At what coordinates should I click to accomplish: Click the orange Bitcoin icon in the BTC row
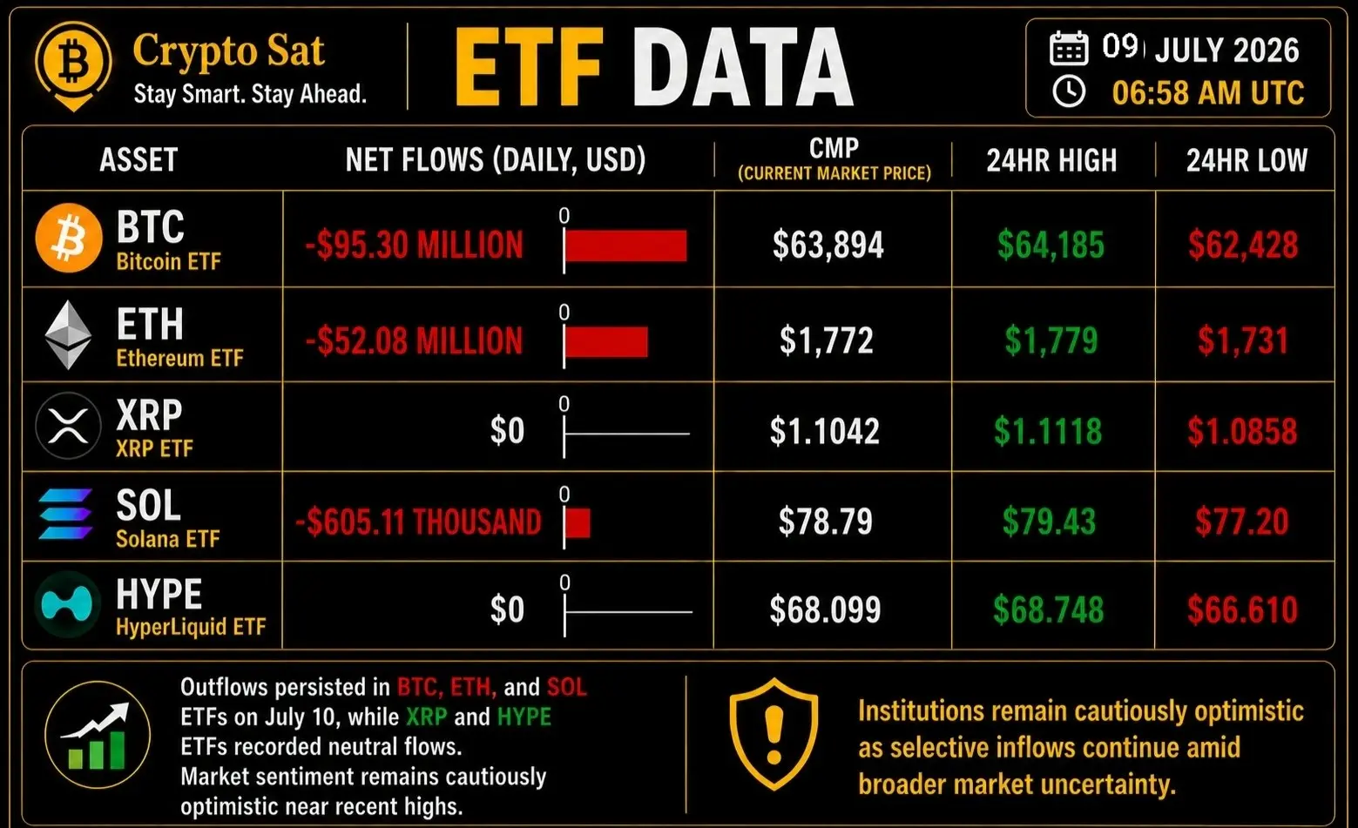click(x=69, y=238)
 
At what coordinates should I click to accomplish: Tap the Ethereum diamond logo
click(x=68, y=334)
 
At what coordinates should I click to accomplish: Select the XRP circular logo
click(x=68, y=426)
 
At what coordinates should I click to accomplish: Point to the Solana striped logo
click(x=65, y=514)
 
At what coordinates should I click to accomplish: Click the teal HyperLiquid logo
click(x=67, y=603)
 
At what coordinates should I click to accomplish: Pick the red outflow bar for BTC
click(x=625, y=246)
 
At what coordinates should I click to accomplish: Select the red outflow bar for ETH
click(x=606, y=342)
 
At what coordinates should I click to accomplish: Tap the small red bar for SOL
click(x=578, y=522)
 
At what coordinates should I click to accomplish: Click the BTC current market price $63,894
click(x=828, y=245)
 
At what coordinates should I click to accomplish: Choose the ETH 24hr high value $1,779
click(x=1051, y=340)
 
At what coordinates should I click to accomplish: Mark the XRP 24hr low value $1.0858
click(x=1242, y=431)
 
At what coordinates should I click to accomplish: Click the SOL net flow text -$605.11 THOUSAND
click(x=418, y=522)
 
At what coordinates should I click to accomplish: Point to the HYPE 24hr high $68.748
click(x=1048, y=609)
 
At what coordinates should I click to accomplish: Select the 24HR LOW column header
click(x=1247, y=160)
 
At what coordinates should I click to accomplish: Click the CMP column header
click(x=834, y=148)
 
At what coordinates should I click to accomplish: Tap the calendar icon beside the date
click(x=1068, y=48)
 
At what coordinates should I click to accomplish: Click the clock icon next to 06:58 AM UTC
click(x=1068, y=92)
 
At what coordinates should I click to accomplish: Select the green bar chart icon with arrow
click(x=97, y=735)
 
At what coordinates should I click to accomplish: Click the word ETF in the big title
click(x=529, y=67)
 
